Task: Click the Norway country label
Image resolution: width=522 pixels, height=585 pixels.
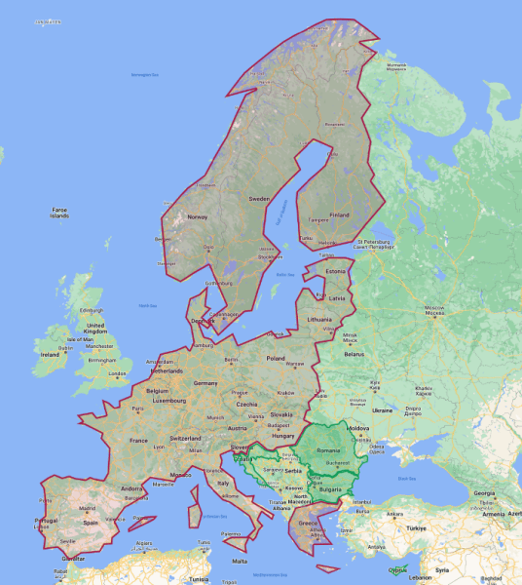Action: coord(198,216)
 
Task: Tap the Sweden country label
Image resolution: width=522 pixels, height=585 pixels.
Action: coord(260,199)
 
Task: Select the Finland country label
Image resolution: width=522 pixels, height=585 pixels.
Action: coord(339,214)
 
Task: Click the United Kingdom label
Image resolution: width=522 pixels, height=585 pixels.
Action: coord(94,328)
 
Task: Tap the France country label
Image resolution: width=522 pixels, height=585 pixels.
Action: coord(138,440)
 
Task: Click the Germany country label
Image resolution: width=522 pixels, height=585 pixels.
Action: coord(205,383)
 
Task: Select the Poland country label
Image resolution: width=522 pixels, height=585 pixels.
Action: coord(277,358)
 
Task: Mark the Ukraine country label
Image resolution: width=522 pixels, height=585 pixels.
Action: coord(381,410)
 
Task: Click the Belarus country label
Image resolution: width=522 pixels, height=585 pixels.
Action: coord(353,354)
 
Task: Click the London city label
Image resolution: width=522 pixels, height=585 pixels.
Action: coord(120,372)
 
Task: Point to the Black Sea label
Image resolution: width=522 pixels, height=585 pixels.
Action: coord(393,479)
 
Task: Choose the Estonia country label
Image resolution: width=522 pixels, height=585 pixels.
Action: coord(337,270)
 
